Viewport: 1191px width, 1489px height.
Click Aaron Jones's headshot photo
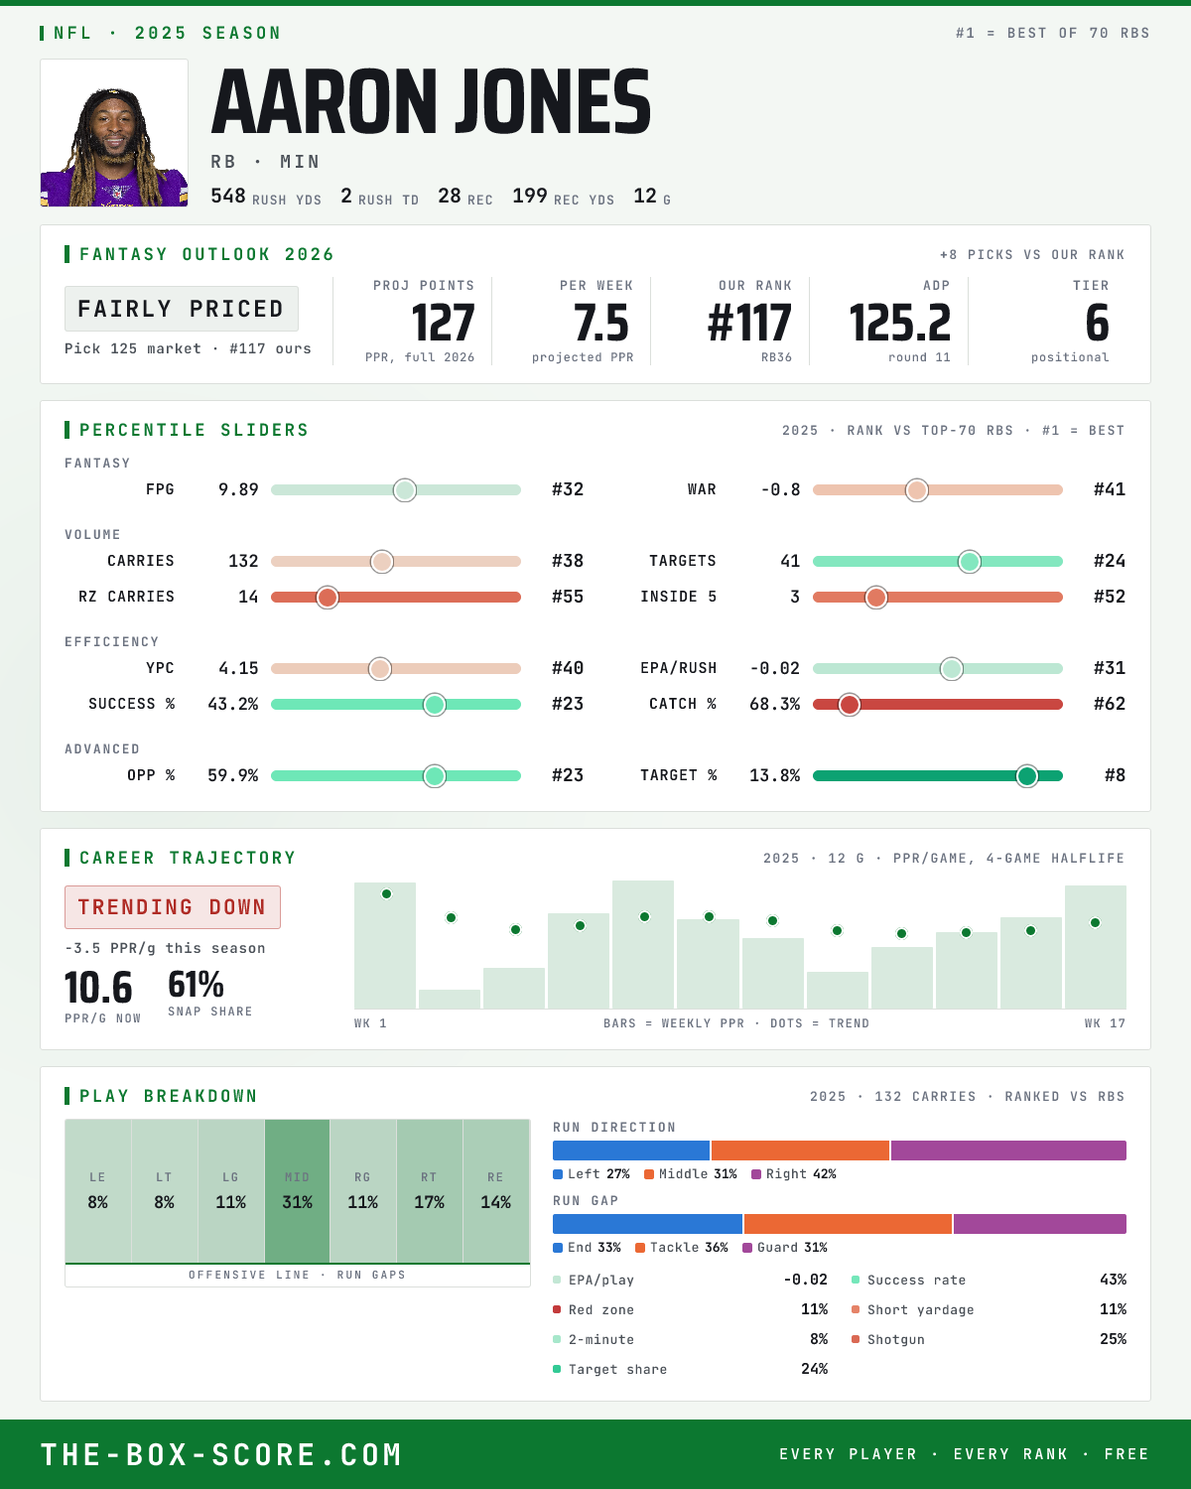[114, 133]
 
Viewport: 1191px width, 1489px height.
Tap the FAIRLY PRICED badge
[182, 309]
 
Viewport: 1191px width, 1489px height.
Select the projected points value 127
[443, 324]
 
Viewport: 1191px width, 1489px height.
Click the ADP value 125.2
[899, 324]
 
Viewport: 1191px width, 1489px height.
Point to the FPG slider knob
[405, 489]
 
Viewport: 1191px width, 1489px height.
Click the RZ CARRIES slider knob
[328, 598]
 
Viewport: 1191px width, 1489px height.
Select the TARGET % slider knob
[1027, 775]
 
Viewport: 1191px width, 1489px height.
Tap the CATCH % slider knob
[850, 705]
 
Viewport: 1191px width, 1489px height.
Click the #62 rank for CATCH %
[1110, 704]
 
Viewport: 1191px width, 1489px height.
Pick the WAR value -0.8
[781, 489]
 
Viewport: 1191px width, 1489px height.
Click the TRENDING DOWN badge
[173, 907]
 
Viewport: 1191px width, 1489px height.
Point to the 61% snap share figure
[196, 984]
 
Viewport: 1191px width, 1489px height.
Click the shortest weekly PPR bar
[450, 1000]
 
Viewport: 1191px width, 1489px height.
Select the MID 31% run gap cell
[297, 1191]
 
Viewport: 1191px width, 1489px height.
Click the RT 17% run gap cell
[429, 1191]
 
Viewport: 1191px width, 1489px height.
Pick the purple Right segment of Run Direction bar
[1008, 1151]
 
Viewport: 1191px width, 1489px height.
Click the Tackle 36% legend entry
[682, 1248]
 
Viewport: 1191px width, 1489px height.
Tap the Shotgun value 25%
[1113, 1339]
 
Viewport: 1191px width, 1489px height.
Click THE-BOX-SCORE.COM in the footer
[220, 1454]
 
